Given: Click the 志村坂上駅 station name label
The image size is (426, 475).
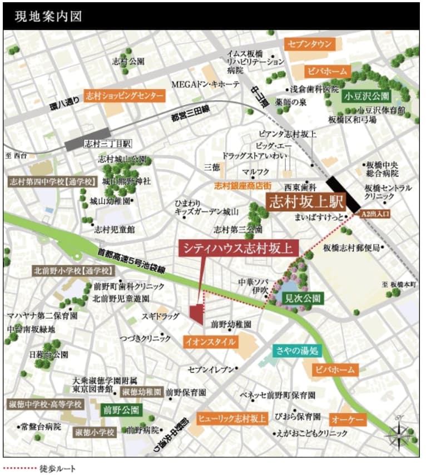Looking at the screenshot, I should click(x=306, y=201).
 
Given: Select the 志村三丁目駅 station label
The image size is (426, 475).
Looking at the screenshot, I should click(x=107, y=144).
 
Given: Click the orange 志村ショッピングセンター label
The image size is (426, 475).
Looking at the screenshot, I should click(x=125, y=95).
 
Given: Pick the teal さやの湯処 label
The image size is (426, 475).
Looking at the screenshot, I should click(x=297, y=350).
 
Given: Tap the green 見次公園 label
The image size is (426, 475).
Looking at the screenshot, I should click(x=302, y=298).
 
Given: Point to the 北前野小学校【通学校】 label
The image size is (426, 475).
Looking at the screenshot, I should click(x=73, y=271).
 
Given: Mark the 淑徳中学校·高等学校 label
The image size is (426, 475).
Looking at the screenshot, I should click(x=44, y=403).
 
